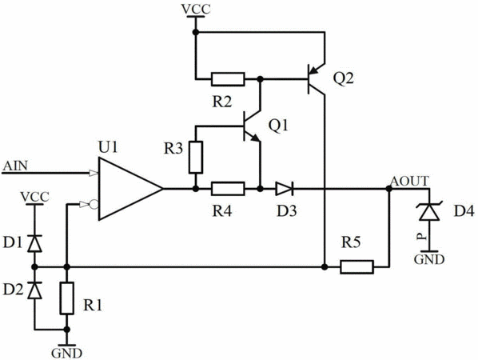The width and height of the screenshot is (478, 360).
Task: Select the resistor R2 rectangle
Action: coord(228,79)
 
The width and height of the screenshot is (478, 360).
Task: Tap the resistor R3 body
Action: coord(196,158)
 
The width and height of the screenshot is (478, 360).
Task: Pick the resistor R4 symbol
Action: coord(228,189)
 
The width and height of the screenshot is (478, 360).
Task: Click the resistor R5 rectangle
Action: coord(357,267)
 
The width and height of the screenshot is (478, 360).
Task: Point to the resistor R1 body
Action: coord(67,298)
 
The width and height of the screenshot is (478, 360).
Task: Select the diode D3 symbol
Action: coord(284,189)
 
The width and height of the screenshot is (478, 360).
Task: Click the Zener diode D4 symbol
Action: coord(429,211)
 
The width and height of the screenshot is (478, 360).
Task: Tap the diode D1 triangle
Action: coord(34,243)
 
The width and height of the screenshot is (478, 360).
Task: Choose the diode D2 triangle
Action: coord(34,290)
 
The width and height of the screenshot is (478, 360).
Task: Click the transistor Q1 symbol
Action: coord(252,126)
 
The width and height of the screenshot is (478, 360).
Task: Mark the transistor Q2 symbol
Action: coord(317,79)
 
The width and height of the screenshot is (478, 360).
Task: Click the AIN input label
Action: coord(15,166)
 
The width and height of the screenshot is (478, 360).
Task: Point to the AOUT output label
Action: coord(410,182)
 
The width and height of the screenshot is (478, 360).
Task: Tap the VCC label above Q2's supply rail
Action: coord(196,9)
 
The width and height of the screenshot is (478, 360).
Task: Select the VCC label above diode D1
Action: coord(34,197)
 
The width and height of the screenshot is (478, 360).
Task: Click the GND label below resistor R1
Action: coord(67,353)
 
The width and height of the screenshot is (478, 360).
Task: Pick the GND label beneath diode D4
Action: coord(429,259)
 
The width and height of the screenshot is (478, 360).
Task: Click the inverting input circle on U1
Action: coord(94,204)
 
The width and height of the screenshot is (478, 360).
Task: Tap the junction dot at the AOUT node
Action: coord(388,189)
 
